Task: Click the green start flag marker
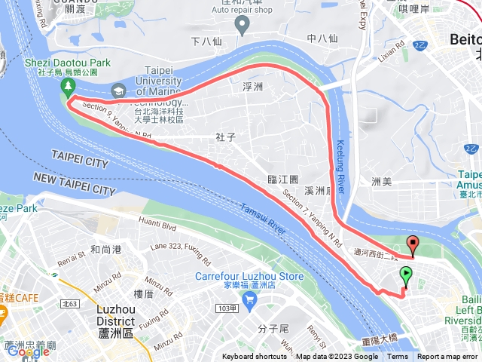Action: click(407, 275)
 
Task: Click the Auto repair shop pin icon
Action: click(242, 26)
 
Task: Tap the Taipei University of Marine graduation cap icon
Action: click(118, 90)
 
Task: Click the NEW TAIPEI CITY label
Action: click(74, 183)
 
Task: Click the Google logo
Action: click(28, 351)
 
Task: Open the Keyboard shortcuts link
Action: click(254, 357)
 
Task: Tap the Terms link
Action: click(398, 357)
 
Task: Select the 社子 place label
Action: click(226, 137)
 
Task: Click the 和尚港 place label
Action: click(106, 249)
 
